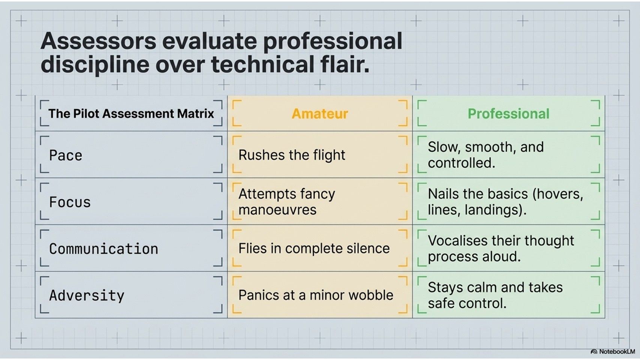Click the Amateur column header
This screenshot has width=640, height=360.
(x=320, y=114)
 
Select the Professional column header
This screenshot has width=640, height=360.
(x=508, y=114)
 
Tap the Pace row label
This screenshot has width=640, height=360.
(x=66, y=155)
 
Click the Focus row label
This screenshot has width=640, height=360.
(x=70, y=202)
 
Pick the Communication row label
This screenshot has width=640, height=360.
(x=103, y=249)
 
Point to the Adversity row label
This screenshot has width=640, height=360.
(x=87, y=295)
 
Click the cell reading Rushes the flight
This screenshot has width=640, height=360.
(x=292, y=155)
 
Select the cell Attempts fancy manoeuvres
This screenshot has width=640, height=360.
(x=287, y=202)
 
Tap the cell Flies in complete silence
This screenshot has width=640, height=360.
(x=314, y=248)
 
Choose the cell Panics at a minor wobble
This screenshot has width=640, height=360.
(x=316, y=295)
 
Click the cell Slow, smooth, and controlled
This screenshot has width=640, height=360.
(x=486, y=155)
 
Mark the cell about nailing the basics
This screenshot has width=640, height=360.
(x=505, y=202)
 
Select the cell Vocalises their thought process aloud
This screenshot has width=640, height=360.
(x=501, y=248)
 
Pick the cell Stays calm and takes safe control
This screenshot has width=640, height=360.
(x=495, y=295)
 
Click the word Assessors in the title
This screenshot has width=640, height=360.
(x=98, y=41)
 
